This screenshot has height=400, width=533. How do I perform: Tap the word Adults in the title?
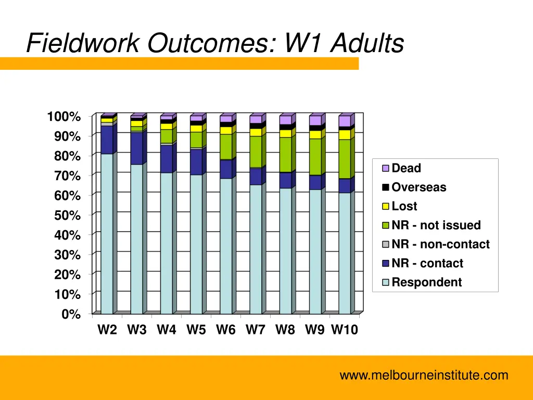pos(367,43)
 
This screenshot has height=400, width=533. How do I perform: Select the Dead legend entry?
pos(405,168)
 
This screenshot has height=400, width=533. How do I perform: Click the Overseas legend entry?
pos(418,187)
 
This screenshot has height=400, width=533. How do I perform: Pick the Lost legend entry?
pos(404,206)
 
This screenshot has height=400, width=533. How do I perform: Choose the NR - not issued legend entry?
pos(436,226)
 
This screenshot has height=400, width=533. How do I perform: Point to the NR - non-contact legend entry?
pos(440,244)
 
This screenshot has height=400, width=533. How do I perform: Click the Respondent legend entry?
pos(426,282)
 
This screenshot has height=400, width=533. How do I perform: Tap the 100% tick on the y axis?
pos(65,117)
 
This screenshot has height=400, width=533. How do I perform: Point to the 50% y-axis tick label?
pos(68,215)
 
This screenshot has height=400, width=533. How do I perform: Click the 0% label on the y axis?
pos(71,314)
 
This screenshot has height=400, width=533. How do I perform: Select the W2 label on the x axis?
pos(107,330)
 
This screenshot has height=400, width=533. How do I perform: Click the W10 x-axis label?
pos(345,330)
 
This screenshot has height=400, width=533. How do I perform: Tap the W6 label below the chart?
pos(226,330)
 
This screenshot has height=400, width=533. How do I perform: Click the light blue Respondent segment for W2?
pos(107,234)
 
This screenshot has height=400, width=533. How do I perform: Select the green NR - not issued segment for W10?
pos(345,159)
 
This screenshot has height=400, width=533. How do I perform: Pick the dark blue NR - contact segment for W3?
pos(136,148)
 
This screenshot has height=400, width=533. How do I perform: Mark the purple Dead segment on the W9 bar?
pos(315,120)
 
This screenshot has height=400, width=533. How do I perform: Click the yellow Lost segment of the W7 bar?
pos(256,132)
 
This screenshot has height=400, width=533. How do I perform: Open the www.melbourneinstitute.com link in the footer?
pos(424,375)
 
